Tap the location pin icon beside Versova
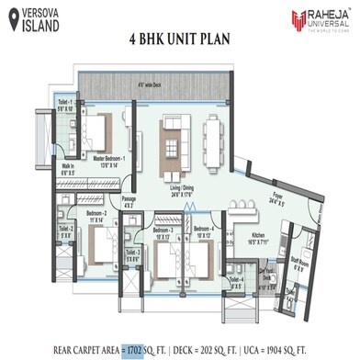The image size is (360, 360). (x=10, y=17)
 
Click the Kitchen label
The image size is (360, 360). (x=256, y=235)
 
